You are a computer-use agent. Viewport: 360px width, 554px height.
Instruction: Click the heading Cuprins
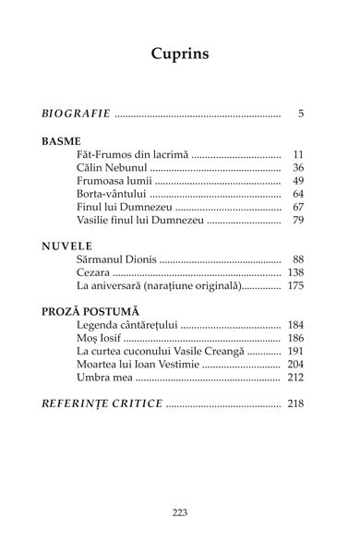pos(179,54)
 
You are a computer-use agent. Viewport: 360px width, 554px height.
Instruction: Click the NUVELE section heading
pos(66,247)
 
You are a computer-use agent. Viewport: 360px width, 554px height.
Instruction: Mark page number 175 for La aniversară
pos(295,287)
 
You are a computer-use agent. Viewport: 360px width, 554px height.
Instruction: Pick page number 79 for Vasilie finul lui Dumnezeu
pos(298,221)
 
